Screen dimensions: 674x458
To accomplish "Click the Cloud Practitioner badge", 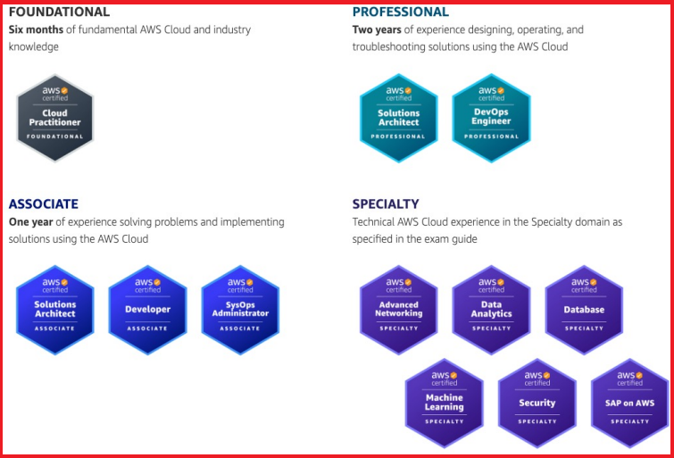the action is (x=55, y=118).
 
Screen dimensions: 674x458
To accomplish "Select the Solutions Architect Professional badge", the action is (x=398, y=118).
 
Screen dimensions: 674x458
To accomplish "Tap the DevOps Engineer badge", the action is (x=491, y=118).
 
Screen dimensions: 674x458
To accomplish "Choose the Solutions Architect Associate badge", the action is (x=55, y=310).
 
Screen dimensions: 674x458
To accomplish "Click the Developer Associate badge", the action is (x=147, y=310).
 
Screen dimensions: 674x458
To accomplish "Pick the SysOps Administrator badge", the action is (x=240, y=310).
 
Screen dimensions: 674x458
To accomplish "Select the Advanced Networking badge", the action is (x=398, y=310).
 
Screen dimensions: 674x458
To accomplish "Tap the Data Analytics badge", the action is (x=491, y=310).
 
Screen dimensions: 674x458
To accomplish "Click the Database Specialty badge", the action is (x=584, y=310).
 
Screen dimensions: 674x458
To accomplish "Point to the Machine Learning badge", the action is (x=445, y=403).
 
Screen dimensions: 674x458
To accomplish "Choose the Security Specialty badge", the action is (x=537, y=403).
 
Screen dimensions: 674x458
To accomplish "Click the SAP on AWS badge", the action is (x=629, y=403).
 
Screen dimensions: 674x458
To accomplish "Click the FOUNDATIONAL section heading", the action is (x=59, y=12).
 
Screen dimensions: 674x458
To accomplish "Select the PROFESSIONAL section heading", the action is (x=401, y=12).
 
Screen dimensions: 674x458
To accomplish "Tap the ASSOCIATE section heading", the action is (x=44, y=204).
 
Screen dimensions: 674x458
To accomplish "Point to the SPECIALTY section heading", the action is (x=386, y=204).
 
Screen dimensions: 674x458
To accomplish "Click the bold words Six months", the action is (x=36, y=29).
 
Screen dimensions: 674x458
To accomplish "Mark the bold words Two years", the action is (x=377, y=29).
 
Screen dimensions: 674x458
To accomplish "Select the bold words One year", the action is (x=31, y=222).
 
